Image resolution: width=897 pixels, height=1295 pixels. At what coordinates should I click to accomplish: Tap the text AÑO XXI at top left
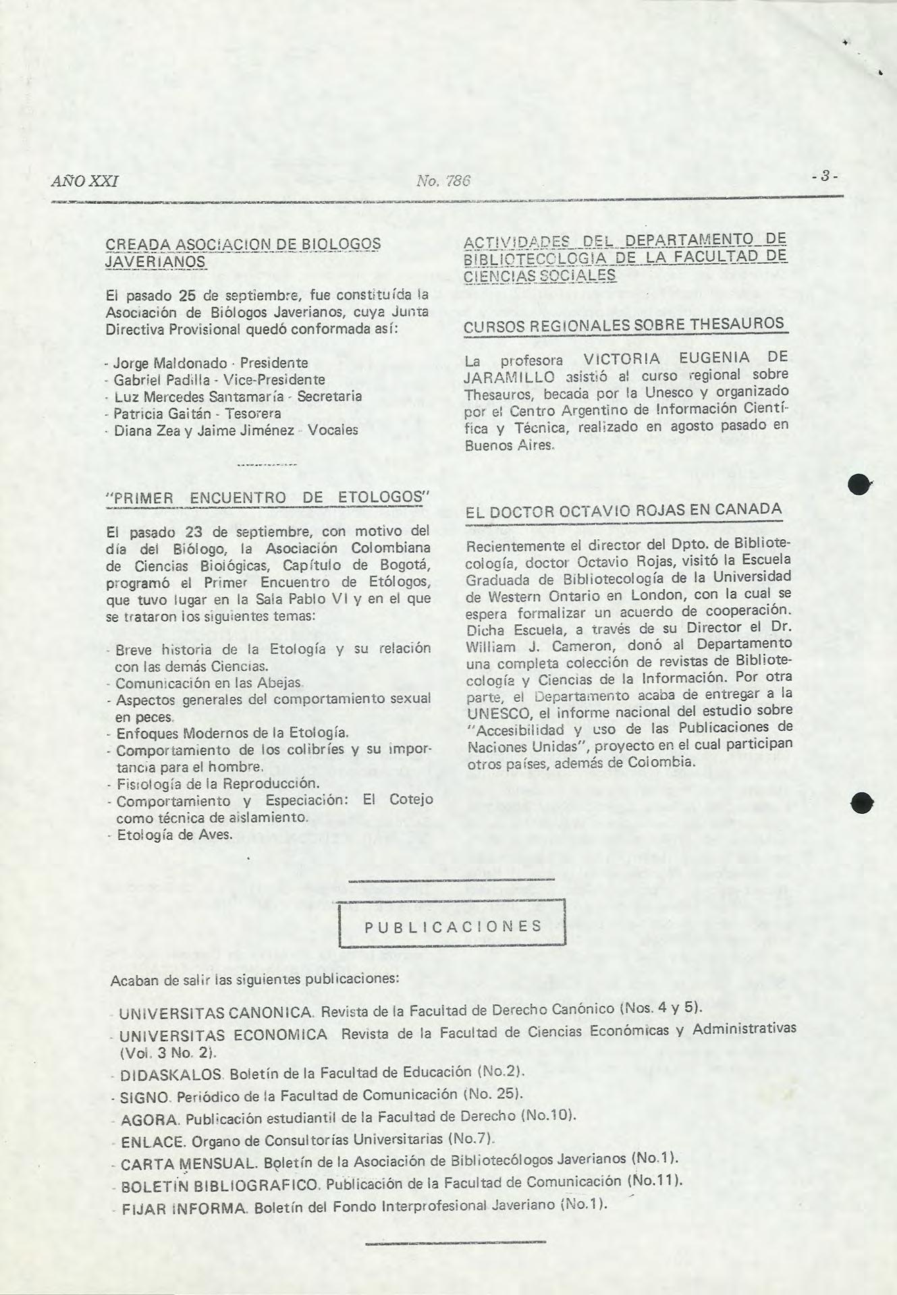(x=85, y=181)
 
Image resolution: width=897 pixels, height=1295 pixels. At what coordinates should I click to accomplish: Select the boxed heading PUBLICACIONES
(x=452, y=926)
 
